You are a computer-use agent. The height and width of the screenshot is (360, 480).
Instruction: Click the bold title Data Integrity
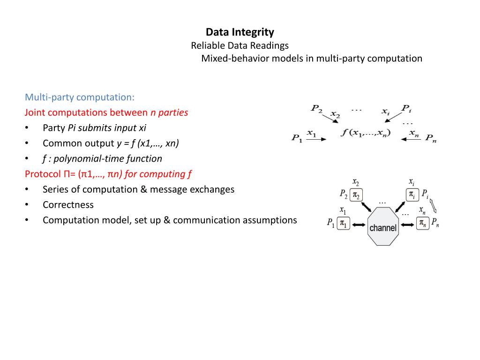coord(240,32)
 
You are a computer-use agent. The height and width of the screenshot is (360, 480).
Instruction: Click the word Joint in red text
coord(35,112)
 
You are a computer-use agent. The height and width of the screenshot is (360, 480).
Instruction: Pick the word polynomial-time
coord(80,158)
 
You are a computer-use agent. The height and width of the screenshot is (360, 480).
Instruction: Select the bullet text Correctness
coord(68,205)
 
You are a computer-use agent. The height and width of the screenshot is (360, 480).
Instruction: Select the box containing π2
coord(356,195)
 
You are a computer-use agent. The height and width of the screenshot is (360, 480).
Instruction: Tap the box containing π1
coord(344,224)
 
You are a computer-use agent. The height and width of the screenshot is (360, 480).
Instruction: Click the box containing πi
coord(412,194)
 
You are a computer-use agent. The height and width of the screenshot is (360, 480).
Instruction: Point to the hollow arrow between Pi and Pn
coord(434,206)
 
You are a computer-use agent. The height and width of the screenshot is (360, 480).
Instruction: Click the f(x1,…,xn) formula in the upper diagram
coord(366,133)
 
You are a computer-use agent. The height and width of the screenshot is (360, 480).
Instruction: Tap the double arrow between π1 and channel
coord(359,225)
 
